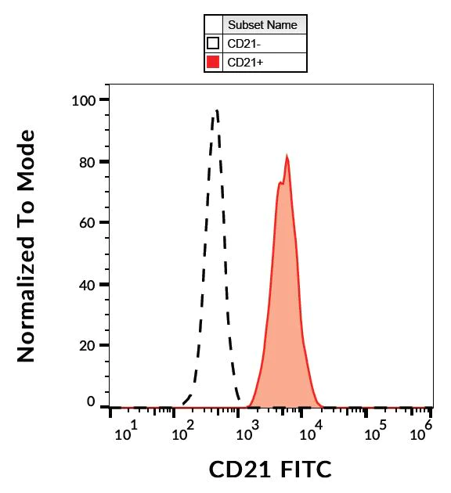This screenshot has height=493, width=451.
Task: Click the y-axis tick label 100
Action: pyautogui.click(x=83, y=100)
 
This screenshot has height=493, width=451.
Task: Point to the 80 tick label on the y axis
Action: pyautogui.click(x=87, y=162)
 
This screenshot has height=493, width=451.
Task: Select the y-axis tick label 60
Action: pyautogui.click(x=87, y=223)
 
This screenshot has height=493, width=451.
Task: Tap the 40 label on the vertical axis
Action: pyautogui.click(x=87, y=284)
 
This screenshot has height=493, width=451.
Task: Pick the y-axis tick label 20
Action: pyautogui.click(x=87, y=345)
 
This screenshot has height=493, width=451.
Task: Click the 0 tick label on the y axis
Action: pyautogui.click(x=91, y=401)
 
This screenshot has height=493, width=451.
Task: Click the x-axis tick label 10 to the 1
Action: pyautogui.click(x=126, y=431)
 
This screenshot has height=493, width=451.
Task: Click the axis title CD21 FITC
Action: pyautogui.click(x=270, y=470)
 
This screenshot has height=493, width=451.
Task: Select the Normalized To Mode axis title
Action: pyautogui.click(x=27, y=246)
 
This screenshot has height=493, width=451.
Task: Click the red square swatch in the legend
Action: pyautogui.click(x=212, y=63)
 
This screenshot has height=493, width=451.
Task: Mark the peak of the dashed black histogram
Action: pyautogui.click(x=216, y=111)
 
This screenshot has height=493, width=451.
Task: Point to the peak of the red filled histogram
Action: pyautogui.click(x=287, y=157)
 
